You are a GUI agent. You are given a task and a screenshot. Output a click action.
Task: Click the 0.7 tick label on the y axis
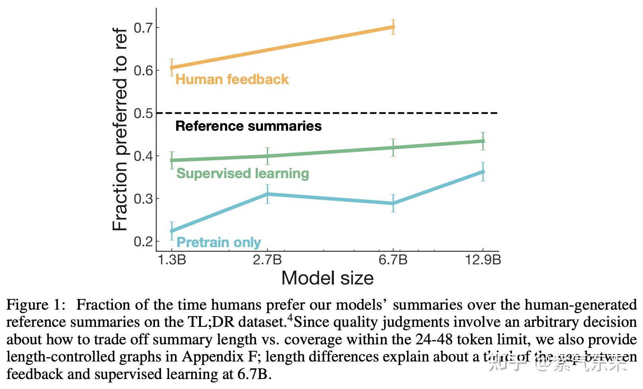[x=142, y=28]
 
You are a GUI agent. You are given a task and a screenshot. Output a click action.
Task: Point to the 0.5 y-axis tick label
[x=142, y=113]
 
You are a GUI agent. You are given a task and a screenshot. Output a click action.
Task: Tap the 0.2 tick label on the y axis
[x=142, y=242]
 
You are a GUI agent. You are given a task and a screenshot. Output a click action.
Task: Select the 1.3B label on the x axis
[x=172, y=260]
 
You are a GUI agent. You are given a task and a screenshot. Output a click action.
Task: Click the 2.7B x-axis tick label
[x=267, y=260]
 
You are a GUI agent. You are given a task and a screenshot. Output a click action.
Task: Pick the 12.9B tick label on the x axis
[x=483, y=260]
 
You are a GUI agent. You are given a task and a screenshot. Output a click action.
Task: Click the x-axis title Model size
[x=327, y=278]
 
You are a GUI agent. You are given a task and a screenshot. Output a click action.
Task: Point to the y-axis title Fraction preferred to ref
[x=120, y=130]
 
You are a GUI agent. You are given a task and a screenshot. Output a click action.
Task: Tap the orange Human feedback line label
[x=232, y=79]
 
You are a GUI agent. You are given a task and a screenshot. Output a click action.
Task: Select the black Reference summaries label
[x=248, y=126]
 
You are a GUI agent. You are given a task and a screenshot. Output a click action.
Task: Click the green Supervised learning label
[x=243, y=173]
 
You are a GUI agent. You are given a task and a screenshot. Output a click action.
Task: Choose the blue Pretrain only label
[x=218, y=242]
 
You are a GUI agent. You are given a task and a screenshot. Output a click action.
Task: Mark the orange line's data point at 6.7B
[x=393, y=27]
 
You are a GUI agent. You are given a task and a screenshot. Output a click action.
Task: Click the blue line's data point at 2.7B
[x=268, y=194]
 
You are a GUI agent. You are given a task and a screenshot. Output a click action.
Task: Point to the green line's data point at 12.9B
[x=483, y=141]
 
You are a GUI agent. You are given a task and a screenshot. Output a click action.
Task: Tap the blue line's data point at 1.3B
[x=172, y=231]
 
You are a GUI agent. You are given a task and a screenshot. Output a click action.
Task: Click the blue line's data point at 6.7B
[x=393, y=203]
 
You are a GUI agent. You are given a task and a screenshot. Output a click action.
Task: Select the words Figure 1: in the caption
[x=35, y=305]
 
